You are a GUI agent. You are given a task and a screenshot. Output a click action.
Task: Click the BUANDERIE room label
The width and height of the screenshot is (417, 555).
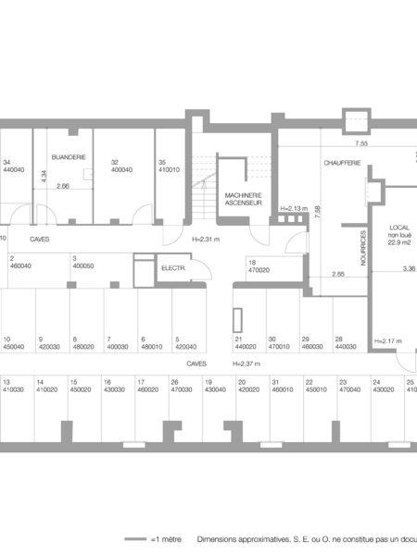tap(68, 158)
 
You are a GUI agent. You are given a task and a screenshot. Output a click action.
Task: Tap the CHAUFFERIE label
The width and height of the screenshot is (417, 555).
tap(341, 163)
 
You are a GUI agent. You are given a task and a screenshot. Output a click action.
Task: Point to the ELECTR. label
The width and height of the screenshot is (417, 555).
tap(173, 268)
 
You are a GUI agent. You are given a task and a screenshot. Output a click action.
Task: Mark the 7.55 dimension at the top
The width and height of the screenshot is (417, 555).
tap(362, 144)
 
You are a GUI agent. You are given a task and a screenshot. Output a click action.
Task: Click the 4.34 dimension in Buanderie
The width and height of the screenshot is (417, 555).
tap(44, 178)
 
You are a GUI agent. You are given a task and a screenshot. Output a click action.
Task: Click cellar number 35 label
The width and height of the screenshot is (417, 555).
tap(162, 161)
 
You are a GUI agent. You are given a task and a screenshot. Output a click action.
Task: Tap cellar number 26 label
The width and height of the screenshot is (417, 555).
tap(174, 381)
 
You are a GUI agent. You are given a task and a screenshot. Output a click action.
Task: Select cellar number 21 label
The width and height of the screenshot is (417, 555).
tap(239, 339)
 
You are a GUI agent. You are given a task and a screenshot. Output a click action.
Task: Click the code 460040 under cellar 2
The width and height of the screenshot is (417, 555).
tap(20, 265)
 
